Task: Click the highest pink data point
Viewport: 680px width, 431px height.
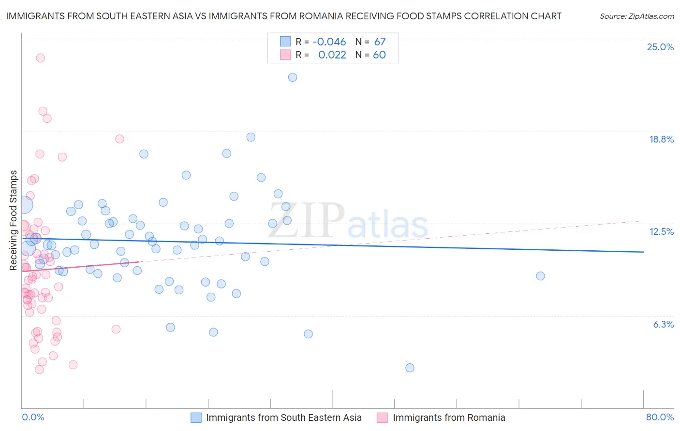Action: point(41,58)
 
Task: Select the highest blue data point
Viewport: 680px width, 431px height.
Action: point(293,77)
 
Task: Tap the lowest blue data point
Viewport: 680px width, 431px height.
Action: point(410,368)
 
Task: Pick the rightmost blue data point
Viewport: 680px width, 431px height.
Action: point(540,276)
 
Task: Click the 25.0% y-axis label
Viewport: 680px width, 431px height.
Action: point(660,47)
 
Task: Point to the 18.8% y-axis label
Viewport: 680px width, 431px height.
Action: point(661,139)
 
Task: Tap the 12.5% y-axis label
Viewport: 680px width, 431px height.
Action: point(661,231)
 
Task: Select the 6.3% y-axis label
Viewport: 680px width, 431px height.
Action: point(663,324)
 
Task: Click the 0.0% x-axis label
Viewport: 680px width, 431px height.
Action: point(33,417)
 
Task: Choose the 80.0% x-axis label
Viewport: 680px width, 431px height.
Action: point(660,417)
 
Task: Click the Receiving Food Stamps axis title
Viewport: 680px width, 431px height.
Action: point(14,220)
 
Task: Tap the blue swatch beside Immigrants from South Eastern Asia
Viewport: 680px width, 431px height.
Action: point(196,417)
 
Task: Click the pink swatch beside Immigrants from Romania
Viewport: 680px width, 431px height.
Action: point(383,417)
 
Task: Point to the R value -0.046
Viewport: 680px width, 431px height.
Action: point(329,42)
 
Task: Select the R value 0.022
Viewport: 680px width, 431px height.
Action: point(332,55)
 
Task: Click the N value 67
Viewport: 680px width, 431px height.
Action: point(380,42)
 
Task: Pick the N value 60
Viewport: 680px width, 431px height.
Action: point(379,55)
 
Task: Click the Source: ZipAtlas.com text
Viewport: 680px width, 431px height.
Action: point(636,16)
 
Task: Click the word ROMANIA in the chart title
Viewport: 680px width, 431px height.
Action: point(323,16)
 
